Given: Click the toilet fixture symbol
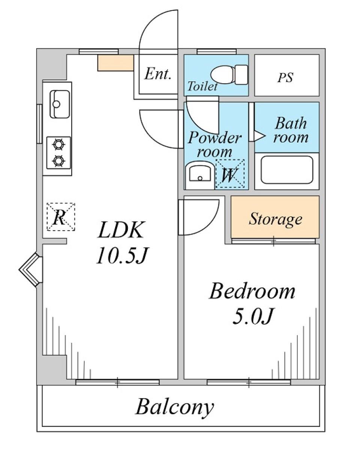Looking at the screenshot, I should pos(229,74).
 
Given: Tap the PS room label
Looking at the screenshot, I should pos(285,78).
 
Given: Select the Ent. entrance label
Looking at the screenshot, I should pos(158,74).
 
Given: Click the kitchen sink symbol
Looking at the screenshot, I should pos(60,104).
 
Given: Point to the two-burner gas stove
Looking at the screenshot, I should pos(58,153).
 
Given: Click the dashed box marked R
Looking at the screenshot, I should pos(60,217).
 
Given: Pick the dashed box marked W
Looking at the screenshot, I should pos(229,174).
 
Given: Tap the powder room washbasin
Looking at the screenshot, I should pos(199,175).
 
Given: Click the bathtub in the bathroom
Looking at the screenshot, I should pos(286,170).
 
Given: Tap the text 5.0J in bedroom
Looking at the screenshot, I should pos(252,317).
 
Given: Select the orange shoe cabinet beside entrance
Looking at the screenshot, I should pos(115,63).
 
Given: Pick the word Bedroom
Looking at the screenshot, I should pos(252,291).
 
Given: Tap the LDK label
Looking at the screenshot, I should pos(121,230).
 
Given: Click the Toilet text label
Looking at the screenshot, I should pos(202,87).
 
